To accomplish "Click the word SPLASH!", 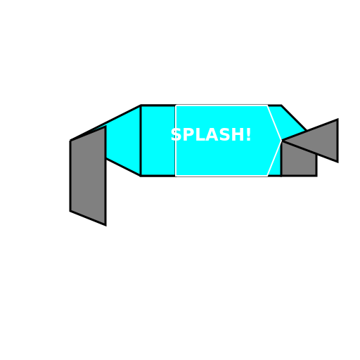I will click(211, 135).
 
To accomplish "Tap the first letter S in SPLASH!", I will click(176, 135).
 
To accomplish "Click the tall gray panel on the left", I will click(88, 176).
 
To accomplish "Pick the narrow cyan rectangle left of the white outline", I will click(158, 141).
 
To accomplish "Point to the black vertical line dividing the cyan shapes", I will click(141, 141).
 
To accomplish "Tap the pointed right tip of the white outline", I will click(281, 140).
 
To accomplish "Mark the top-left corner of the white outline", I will click(176, 105).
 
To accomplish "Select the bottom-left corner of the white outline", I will click(176, 175).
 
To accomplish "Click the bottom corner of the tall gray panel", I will click(104, 223).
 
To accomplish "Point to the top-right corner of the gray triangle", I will click(336, 122).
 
